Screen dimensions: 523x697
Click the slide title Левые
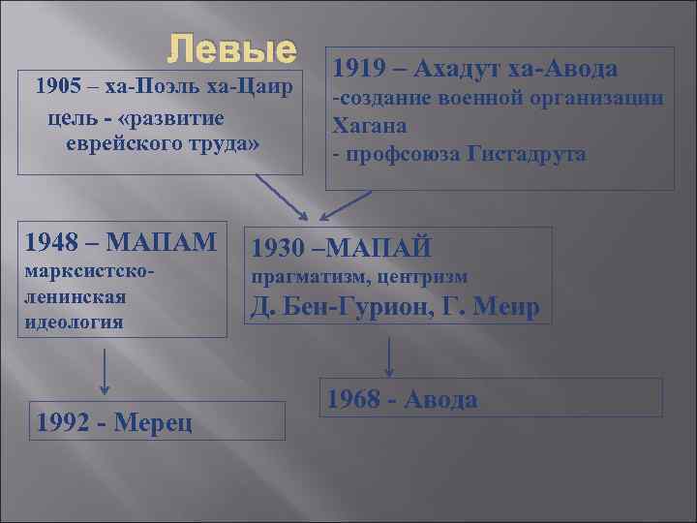tap(231, 48)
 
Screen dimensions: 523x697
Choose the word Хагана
tap(370, 125)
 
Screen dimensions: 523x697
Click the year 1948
tap(49, 239)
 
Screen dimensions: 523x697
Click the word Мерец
tap(152, 421)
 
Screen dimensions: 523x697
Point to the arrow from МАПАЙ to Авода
tap(388, 356)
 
